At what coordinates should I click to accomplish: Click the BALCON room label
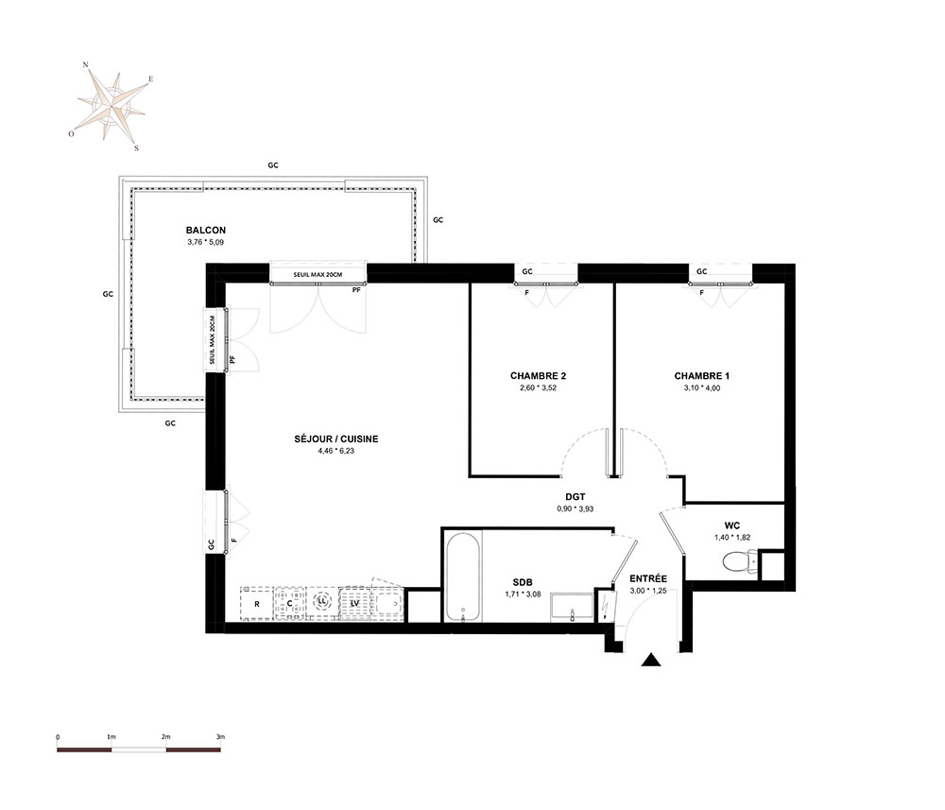[205, 231]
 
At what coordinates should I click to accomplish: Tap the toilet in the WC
[740, 562]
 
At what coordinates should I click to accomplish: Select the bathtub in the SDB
[463, 577]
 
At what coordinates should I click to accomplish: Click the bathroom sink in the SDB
[572, 606]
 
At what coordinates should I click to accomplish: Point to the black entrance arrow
[651, 660]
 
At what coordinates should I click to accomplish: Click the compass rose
[112, 106]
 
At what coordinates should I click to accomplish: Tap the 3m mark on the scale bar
[220, 736]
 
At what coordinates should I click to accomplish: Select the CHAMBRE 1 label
[701, 376]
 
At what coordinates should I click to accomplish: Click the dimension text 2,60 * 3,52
[539, 388]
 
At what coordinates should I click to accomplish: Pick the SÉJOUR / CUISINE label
[336, 439]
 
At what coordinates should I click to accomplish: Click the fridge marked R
[257, 603]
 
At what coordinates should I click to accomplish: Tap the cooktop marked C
[290, 603]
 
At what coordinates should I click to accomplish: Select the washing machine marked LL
[322, 603]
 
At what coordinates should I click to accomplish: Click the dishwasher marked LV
[355, 603]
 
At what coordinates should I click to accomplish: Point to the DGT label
[575, 497]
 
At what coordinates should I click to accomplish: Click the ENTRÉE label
[648, 578]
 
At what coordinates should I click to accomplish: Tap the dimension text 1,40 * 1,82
[732, 538]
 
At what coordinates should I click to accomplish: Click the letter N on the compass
[86, 64]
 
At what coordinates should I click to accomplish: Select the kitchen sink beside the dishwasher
[387, 603]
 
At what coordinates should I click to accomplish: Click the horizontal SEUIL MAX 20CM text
[318, 275]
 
